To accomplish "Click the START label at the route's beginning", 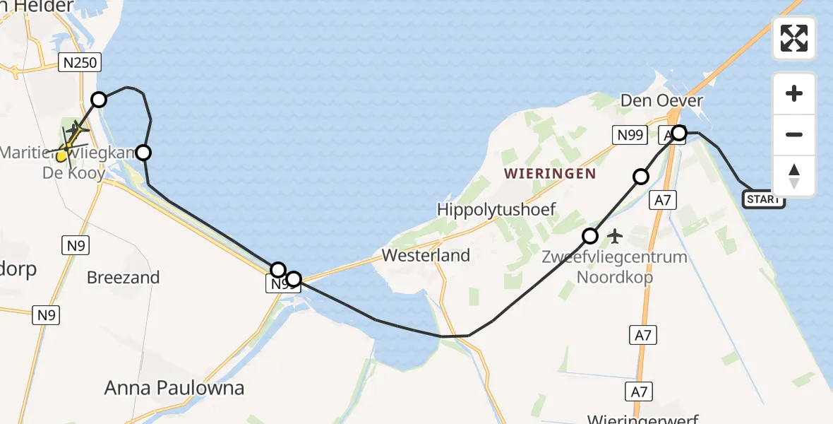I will (763, 199).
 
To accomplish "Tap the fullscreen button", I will (794, 38).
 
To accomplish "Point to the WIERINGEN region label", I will (550, 173).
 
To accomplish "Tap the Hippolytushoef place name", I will (496, 209).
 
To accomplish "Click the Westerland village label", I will (426, 255).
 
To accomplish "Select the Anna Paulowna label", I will (174, 387).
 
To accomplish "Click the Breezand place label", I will (123, 278).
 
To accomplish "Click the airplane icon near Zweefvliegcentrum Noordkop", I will (615, 235).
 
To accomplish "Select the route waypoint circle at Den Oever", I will (678, 133).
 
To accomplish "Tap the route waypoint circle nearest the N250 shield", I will (99, 100).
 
